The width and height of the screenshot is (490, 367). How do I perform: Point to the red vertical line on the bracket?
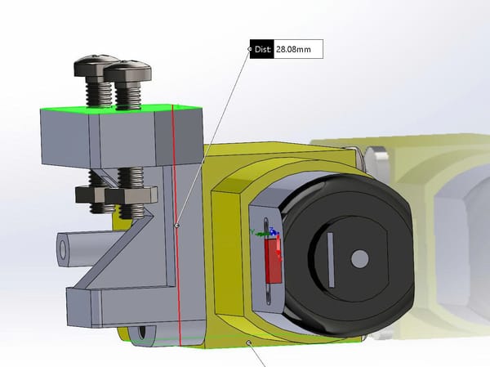175,180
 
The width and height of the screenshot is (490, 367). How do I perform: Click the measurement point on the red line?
177,223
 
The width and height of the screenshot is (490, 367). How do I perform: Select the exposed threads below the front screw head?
129,96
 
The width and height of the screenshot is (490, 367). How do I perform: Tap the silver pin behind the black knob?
376,156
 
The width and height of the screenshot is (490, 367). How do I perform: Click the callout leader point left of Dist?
250,49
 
